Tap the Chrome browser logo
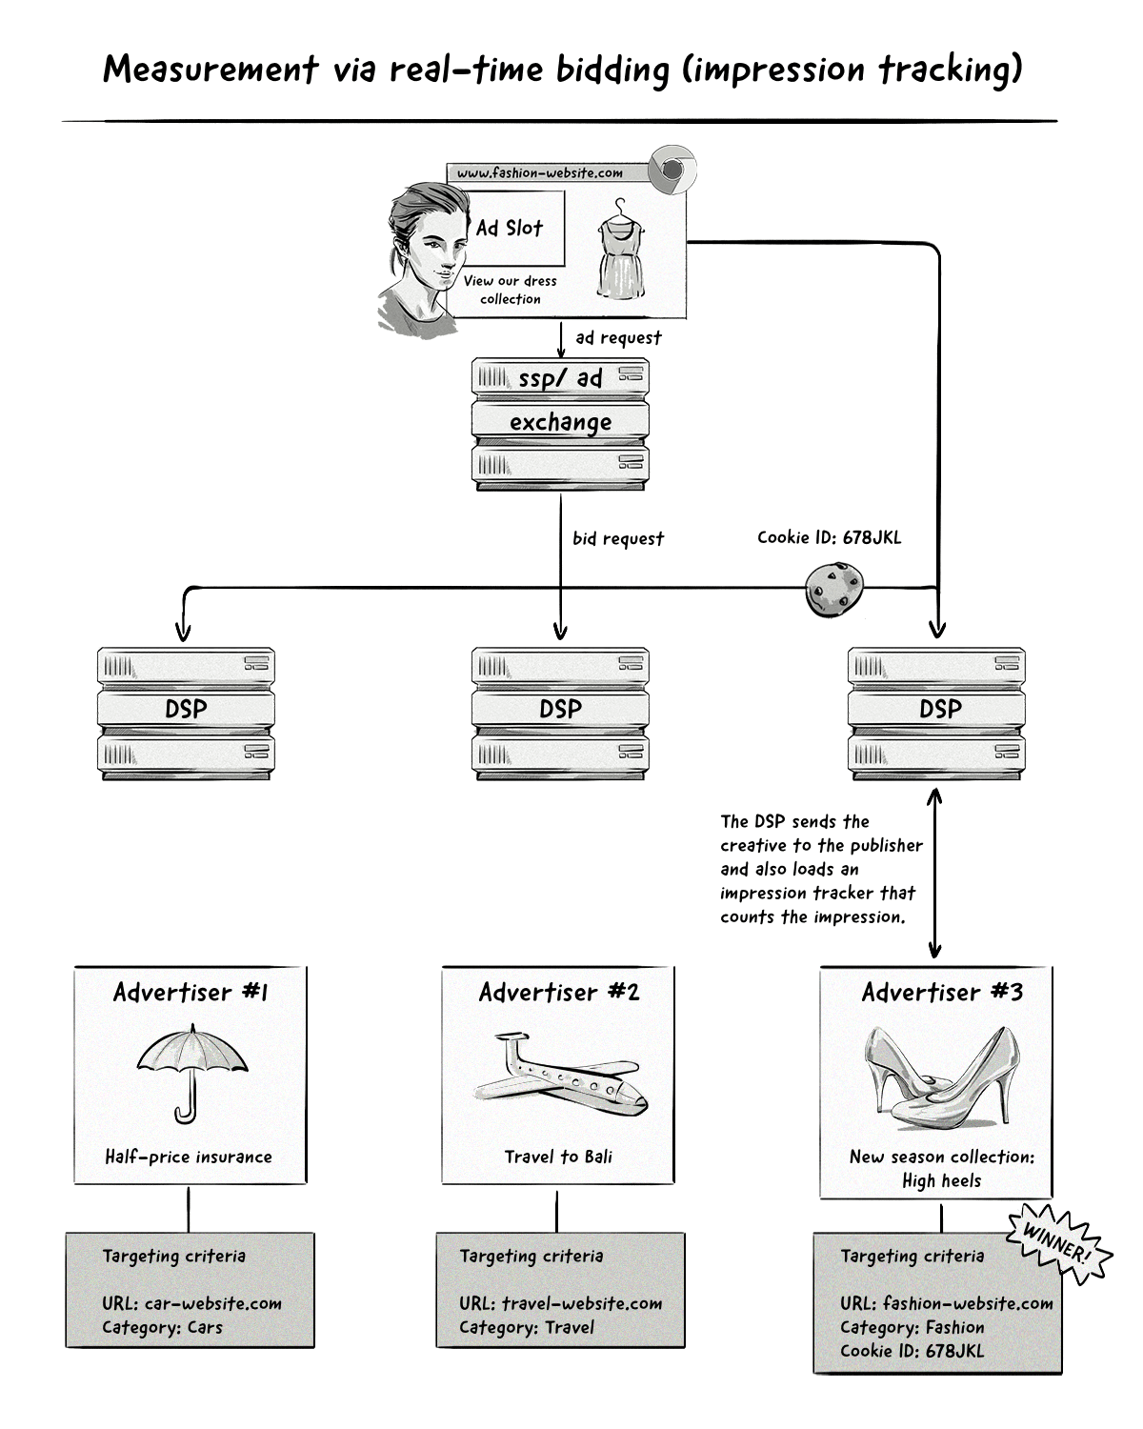pyautogui.click(x=672, y=171)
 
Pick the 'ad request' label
pyautogui.click(x=618, y=338)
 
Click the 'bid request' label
pyautogui.click(x=618, y=539)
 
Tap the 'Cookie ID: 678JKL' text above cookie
pyautogui.click(x=829, y=537)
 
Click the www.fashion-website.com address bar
pyautogui.click(x=540, y=173)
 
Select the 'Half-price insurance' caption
pyautogui.click(x=189, y=1157)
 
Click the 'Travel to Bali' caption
pyautogui.click(x=558, y=1157)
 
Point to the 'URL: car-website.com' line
pyautogui.click(x=192, y=1303)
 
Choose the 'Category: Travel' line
pyautogui.click(x=527, y=1327)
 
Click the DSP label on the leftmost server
pyautogui.click(x=186, y=710)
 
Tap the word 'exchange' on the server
pyautogui.click(x=560, y=422)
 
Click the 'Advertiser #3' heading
pyautogui.click(x=942, y=993)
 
